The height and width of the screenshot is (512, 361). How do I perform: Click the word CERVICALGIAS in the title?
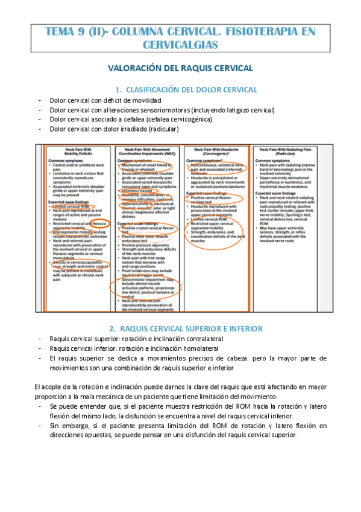(x=180, y=45)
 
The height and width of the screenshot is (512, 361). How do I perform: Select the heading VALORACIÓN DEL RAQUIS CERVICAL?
(x=180, y=69)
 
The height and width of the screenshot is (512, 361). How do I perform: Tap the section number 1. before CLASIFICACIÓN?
(x=118, y=89)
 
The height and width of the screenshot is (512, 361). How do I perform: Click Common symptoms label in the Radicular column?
(x=275, y=161)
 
